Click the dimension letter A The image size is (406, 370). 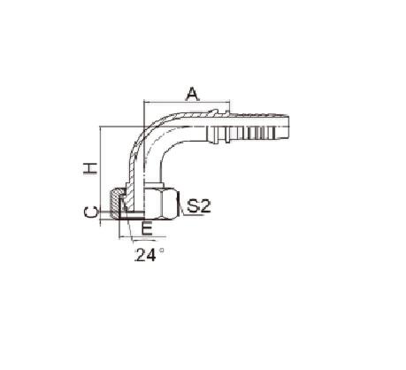pos(192,94)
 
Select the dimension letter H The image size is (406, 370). pos(90,168)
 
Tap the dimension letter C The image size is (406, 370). pos(90,212)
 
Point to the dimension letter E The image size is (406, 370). pos(147,228)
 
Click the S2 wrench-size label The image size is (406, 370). pos(199,206)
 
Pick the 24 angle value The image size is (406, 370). pos(145,255)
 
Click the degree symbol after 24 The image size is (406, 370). pos(161,251)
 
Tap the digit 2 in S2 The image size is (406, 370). pos(205,206)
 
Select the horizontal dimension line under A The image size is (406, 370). pos(187,103)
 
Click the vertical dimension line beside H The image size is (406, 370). pos(101,176)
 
